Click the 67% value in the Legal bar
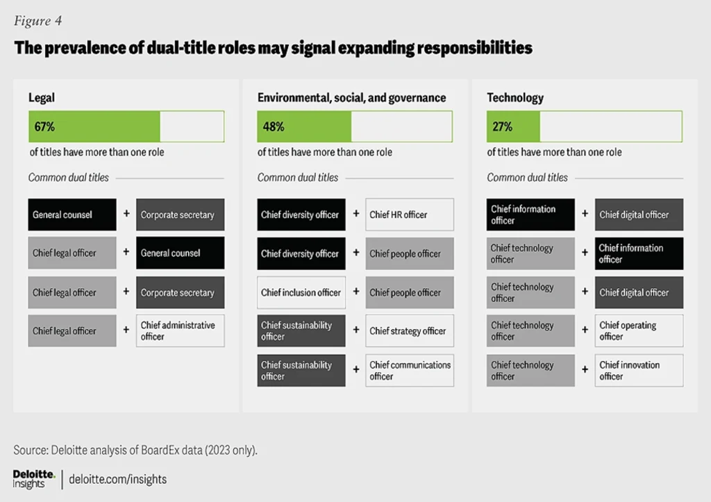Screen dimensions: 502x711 coord(44,127)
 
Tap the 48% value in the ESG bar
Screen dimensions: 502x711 coord(273,127)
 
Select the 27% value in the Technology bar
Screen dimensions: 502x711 coord(503,127)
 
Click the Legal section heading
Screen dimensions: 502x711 coord(42,98)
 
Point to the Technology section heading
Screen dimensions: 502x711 coord(515,98)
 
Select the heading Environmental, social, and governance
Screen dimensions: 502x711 coord(351,98)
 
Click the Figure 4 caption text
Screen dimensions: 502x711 coord(38,21)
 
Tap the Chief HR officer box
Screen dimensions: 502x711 coord(410,215)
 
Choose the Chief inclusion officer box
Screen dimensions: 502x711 coord(301,292)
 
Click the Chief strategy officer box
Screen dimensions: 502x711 coord(410,331)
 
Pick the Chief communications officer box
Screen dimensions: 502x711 coord(410,370)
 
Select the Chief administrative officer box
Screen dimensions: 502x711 coord(180,331)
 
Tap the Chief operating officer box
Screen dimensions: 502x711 coord(639,331)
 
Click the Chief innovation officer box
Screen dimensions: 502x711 coord(639,370)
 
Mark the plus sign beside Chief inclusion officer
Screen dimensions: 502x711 coord(356,292)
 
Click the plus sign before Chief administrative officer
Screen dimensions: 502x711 coord(126,330)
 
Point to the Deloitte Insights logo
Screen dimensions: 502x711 coord(34,478)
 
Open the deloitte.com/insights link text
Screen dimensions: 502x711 coord(119,479)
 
